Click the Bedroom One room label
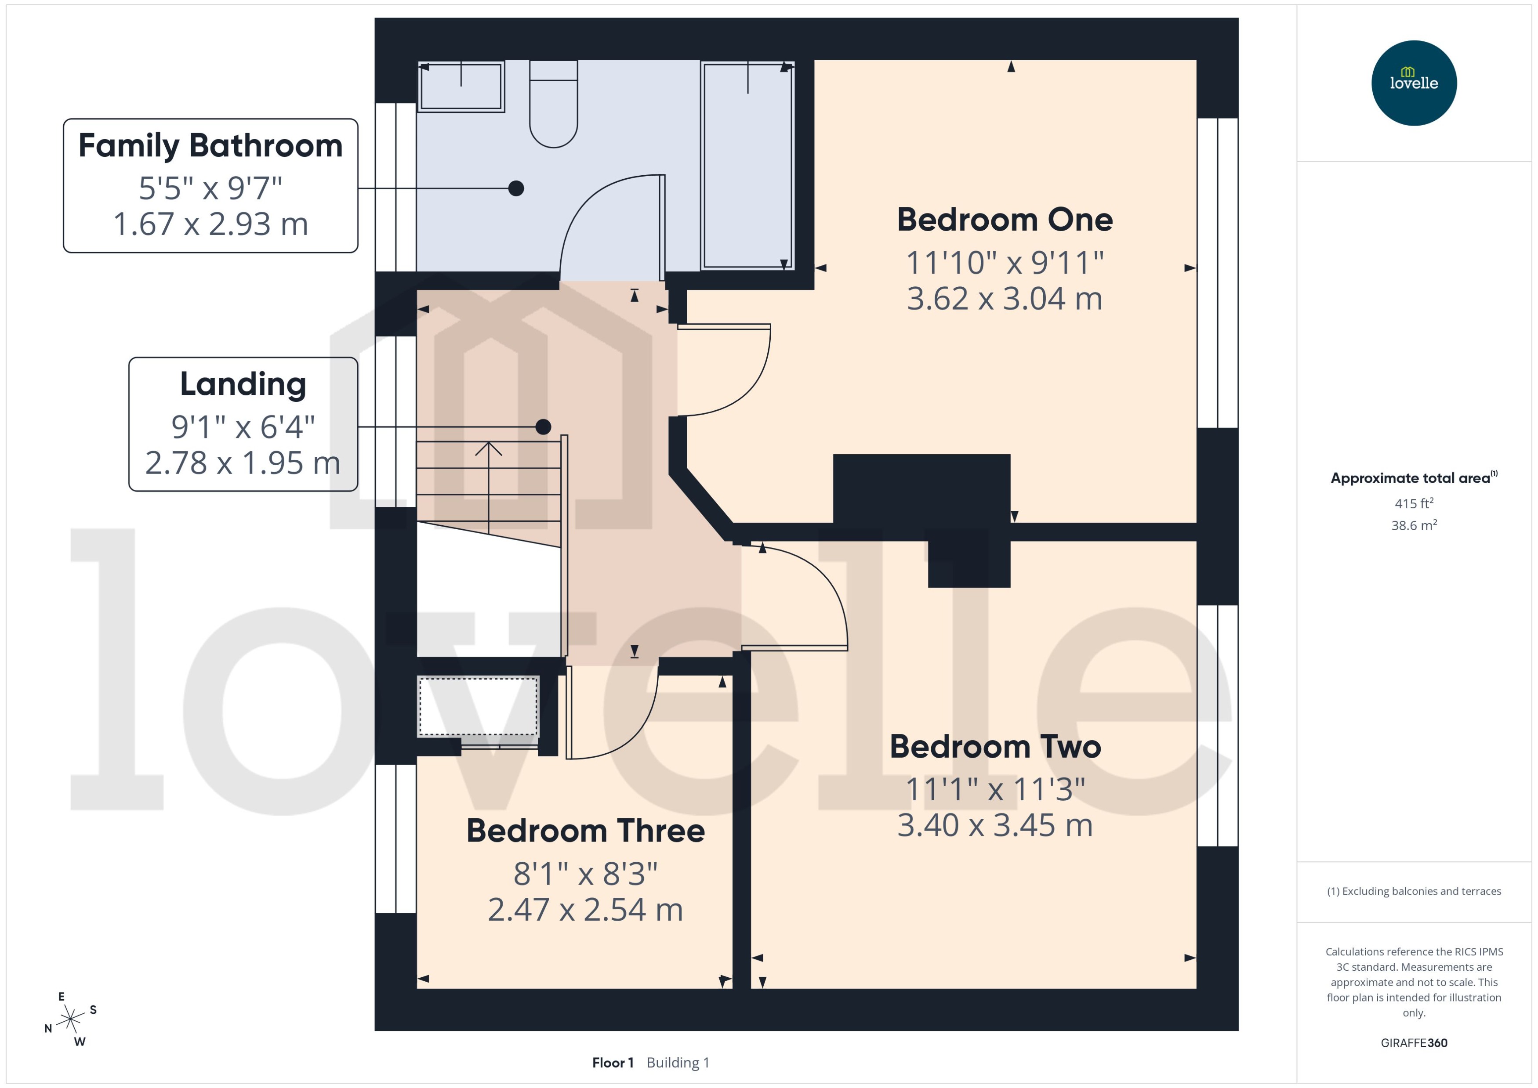pos(1004,220)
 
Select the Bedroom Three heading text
pos(585,831)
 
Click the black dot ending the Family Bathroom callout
pos(515,188)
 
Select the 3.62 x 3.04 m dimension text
pos(1004,299)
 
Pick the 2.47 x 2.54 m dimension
pos(585,910)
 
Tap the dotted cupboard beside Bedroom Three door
pos(478,707)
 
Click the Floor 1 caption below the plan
pos(612,1063)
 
